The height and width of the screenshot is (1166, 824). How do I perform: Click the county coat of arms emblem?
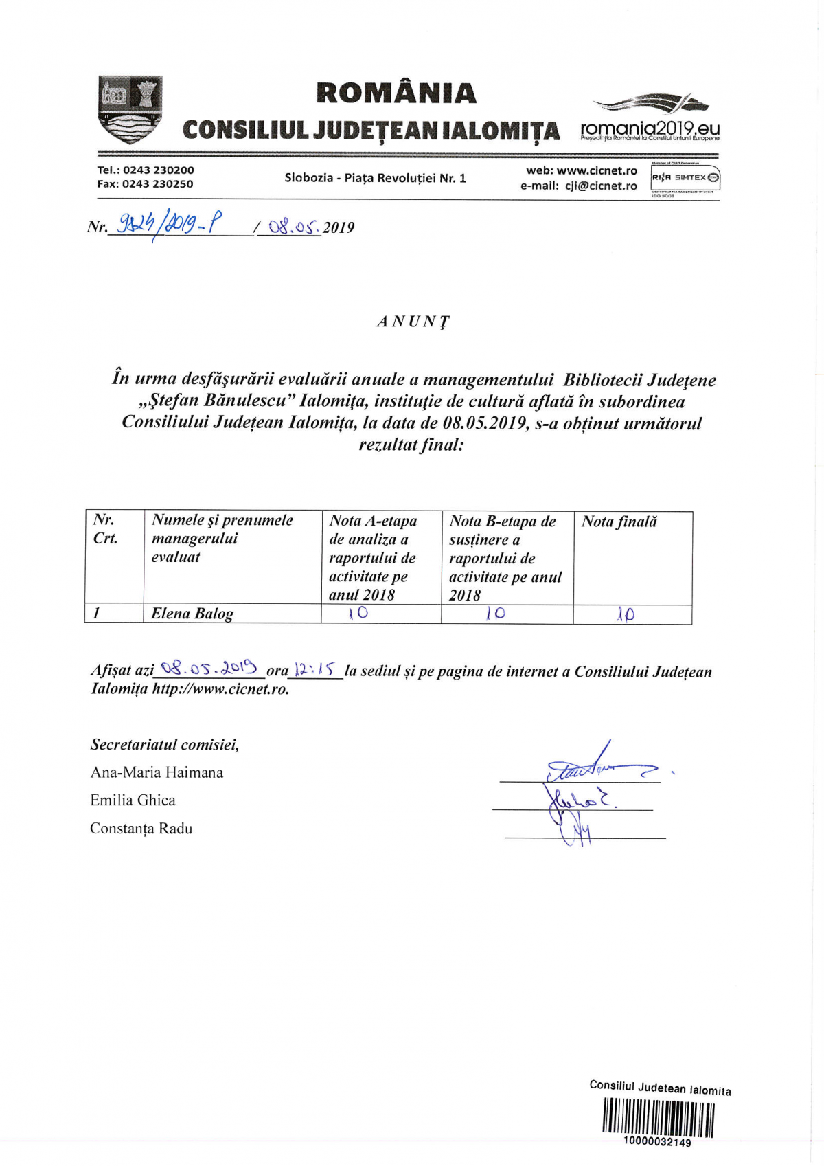(130, 109)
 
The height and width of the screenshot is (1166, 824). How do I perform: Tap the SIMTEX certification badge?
(685, 179)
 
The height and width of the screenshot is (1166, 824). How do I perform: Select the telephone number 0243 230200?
(159, 170)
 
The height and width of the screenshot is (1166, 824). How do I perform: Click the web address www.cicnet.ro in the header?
(597, 170)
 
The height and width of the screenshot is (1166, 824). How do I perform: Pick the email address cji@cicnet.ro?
(601, 186)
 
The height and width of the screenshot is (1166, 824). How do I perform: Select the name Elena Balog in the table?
(192, 614)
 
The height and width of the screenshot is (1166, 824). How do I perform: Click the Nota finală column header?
(619, 522)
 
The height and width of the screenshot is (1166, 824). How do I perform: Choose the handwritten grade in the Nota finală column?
(625, 614)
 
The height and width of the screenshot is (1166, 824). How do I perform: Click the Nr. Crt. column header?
(105, 529)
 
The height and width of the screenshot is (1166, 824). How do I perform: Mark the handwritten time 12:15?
(315, 669)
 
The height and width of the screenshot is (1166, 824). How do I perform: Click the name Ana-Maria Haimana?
(157, 773)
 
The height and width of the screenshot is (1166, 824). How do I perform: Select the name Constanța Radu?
(141, 829)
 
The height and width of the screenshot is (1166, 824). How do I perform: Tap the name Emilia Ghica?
(133, 800)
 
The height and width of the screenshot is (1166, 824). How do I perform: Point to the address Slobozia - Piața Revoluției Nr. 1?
(375, 178)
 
